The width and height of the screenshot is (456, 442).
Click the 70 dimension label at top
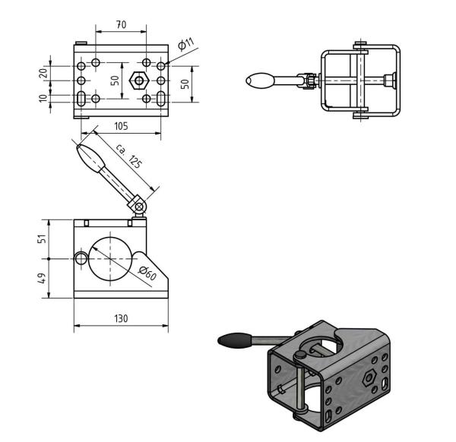pos(122,25)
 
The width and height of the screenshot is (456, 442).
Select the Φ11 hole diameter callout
pos(186,44)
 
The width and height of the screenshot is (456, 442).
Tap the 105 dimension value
pos(121,126)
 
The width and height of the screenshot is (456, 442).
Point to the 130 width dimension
pos(121,318)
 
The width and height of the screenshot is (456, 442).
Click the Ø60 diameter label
pos(147,273)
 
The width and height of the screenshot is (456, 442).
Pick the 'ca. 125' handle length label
pos(129,156)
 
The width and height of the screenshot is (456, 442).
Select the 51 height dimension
pos(43,238)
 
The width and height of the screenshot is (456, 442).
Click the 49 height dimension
pos(43,279)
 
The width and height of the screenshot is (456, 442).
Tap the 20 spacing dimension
pos(43,73)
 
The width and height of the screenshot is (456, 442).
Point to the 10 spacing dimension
pos(43,98)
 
